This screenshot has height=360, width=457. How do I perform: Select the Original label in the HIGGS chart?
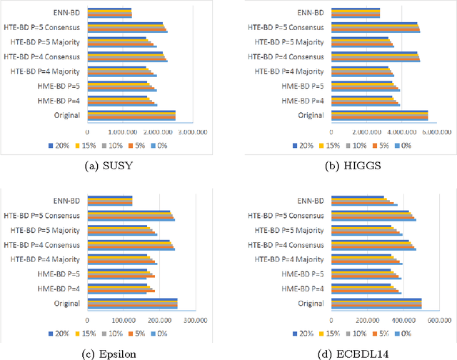point(311,115)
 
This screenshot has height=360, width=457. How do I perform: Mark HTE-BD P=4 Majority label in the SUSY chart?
point(49,71)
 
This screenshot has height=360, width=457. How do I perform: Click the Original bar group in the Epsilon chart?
point(132,304)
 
